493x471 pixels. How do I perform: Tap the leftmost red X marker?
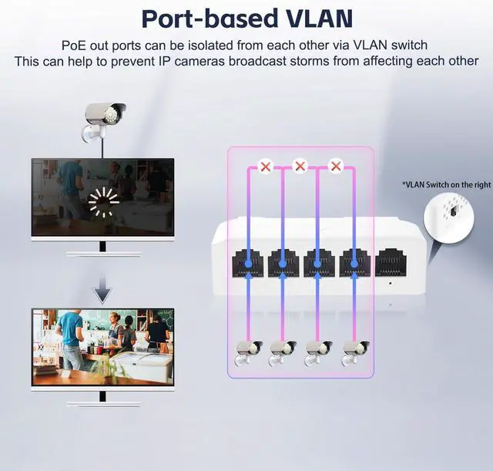tap(266, 166)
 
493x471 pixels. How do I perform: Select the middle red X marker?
tap(300, 166)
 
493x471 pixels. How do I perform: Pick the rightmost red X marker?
tap(335, 166)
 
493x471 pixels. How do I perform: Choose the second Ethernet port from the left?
tap(283, 263)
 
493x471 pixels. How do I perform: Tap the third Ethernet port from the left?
tap(318, 263)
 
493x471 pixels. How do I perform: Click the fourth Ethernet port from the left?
tap(354, 263)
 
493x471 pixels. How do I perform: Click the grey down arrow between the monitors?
tap(102, 292)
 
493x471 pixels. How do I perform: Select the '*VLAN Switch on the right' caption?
tap(446, 185)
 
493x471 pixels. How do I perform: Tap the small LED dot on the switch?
tap(391, 283)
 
